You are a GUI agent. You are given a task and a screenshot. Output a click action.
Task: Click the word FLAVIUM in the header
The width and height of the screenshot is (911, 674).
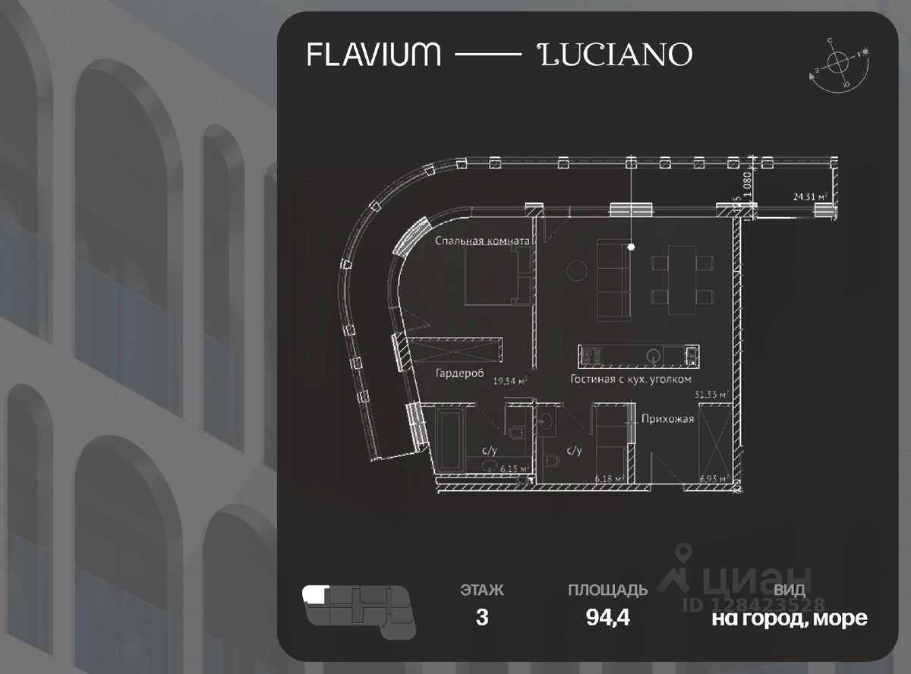coord(374,55)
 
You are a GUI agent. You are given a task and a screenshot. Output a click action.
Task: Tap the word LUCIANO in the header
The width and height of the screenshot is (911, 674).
coord(615,55)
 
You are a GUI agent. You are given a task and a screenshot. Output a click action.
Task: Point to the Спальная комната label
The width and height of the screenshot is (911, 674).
coord(481,241)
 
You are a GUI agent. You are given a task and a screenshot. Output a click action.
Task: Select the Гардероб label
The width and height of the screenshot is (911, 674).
coord(461,373)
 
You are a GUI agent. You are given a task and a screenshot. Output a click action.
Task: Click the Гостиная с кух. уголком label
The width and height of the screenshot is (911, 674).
coord(631,380)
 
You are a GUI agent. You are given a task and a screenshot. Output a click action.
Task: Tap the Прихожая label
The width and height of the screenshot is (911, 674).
coord(667,418)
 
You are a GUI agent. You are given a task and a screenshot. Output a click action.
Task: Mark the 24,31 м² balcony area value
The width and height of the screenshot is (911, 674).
coord(810,197)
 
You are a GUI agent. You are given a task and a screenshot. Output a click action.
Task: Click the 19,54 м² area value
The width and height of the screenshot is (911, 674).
coord(510,382)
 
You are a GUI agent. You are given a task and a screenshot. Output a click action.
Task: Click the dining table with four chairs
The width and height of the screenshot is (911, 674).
coord(682,279)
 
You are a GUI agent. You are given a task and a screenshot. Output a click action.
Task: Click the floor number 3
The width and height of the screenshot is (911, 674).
coord(481,617)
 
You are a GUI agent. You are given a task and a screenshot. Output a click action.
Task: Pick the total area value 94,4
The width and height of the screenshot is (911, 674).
coord(607,617)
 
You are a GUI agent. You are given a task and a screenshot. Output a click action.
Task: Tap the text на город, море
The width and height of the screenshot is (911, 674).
coord(789,618)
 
